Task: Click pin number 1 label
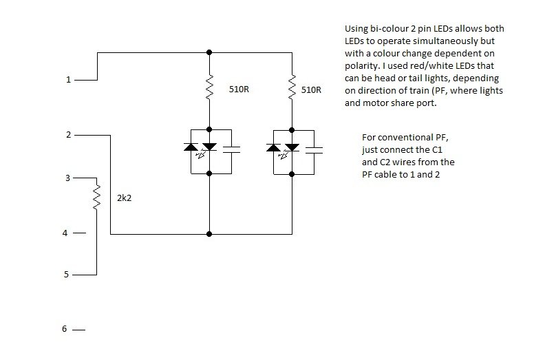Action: tap(67, 80)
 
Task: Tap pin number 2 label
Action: tap(67, 135)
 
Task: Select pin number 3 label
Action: tap(67, 178)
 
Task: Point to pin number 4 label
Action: tap(66, 233)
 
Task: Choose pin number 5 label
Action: tap(66, 275)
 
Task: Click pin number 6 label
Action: tap(65, 329)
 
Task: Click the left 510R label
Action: tap(239, 89)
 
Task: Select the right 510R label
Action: tap(312, 89)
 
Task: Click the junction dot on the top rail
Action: tap(209, 52)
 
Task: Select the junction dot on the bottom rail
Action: tap(209, 234)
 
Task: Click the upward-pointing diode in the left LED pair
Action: tap(193, 147)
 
